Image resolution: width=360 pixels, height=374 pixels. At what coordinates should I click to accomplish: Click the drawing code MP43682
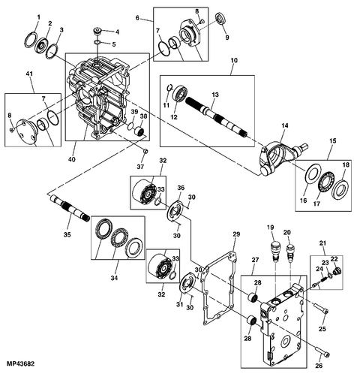point(20,365)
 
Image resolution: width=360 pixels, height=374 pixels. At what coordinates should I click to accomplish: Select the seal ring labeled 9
point(220,19)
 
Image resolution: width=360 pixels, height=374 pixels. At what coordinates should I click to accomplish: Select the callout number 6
point(138,18)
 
